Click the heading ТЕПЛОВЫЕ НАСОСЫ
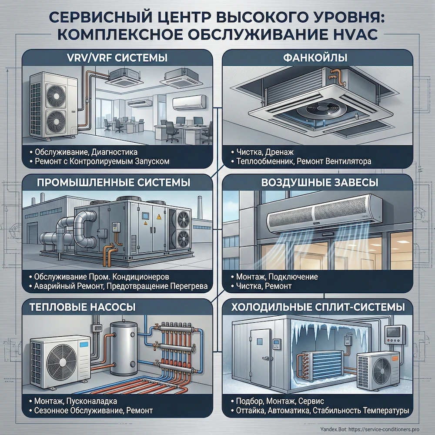[83, 307]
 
